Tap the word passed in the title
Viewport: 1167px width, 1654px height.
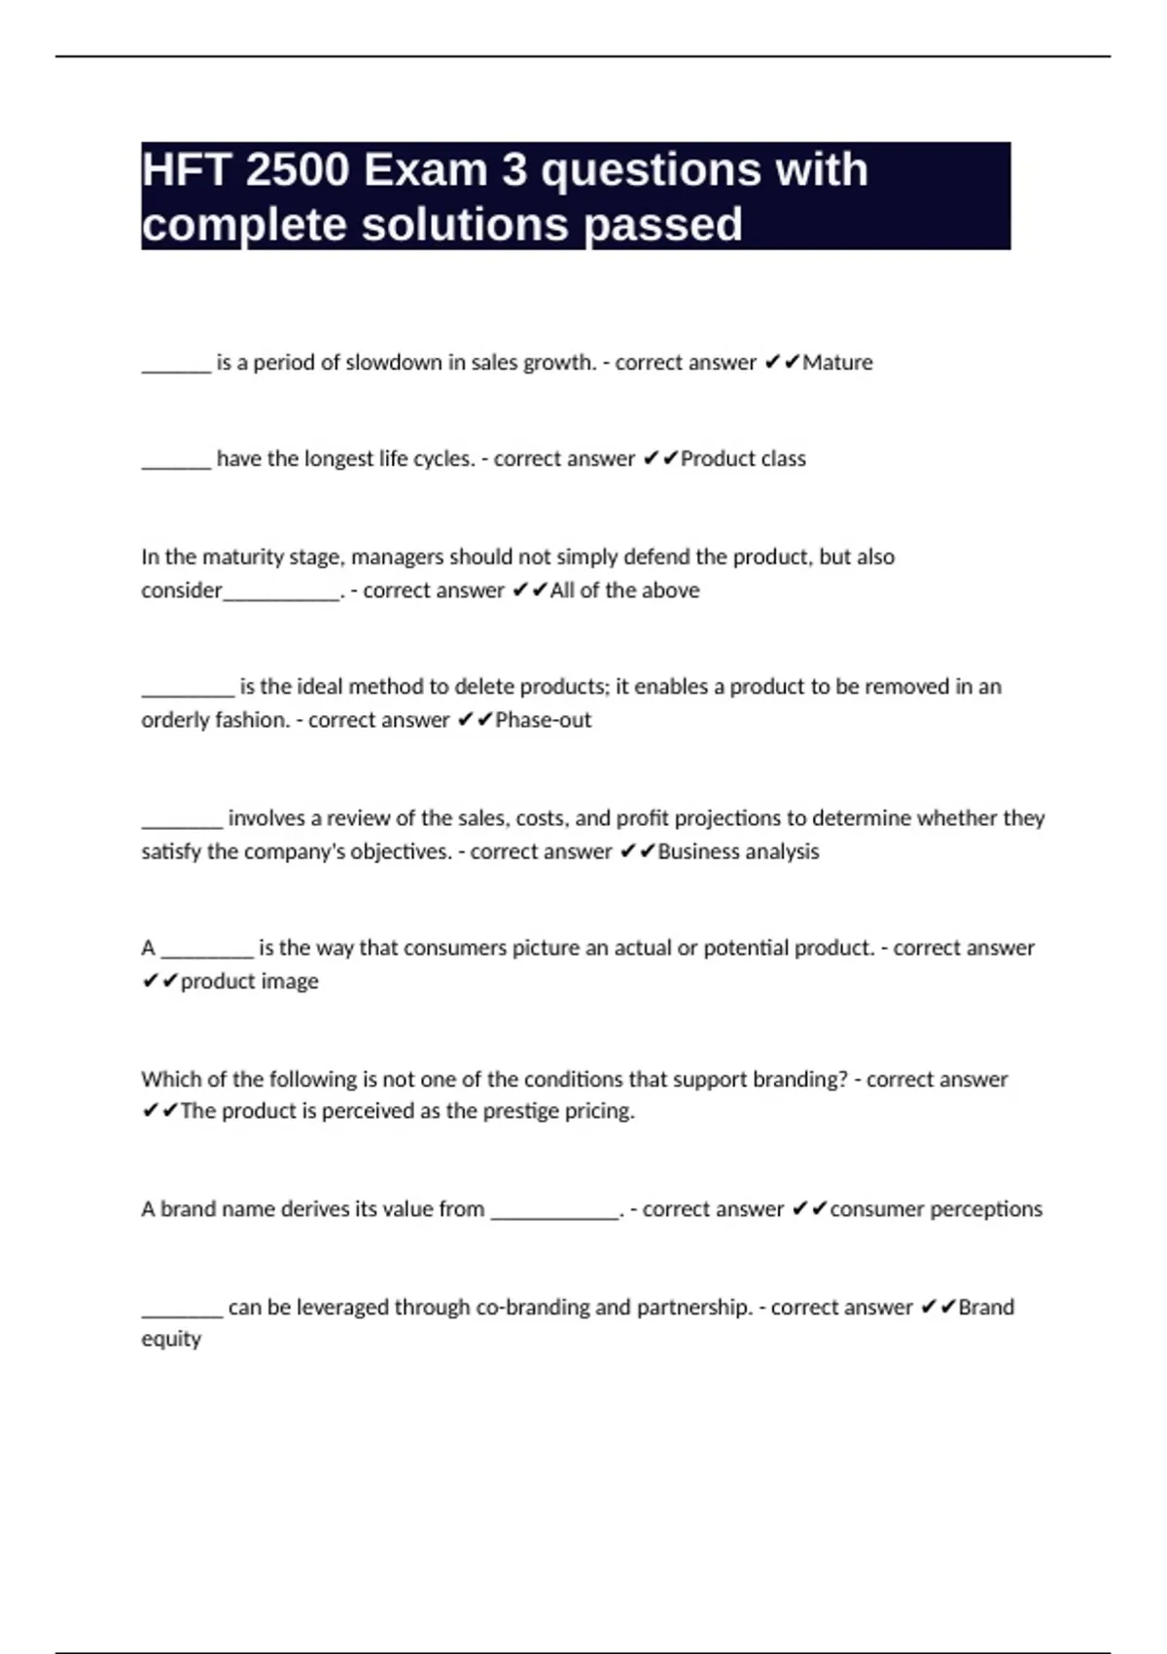click(x=663, y=225)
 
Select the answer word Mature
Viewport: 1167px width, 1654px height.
click(x=837, y=363)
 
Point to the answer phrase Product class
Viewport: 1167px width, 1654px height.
click(x=743, y=459)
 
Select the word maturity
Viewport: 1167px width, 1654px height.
click(x=235, y=557)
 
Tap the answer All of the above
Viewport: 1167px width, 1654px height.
click(x=624, y=591)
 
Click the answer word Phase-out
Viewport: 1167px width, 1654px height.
click(x=543, y=720)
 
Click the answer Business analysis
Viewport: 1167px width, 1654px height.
click(x=738, y=851)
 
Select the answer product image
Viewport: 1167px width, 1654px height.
click(x=249, y=981)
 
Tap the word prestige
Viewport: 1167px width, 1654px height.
click(x=519, y=1111)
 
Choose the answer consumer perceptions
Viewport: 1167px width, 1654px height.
click(x=936, y=1209)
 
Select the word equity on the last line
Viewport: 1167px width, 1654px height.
click(x=171, y=1340)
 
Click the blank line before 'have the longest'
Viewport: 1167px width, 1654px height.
click(x=176, y=465)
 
